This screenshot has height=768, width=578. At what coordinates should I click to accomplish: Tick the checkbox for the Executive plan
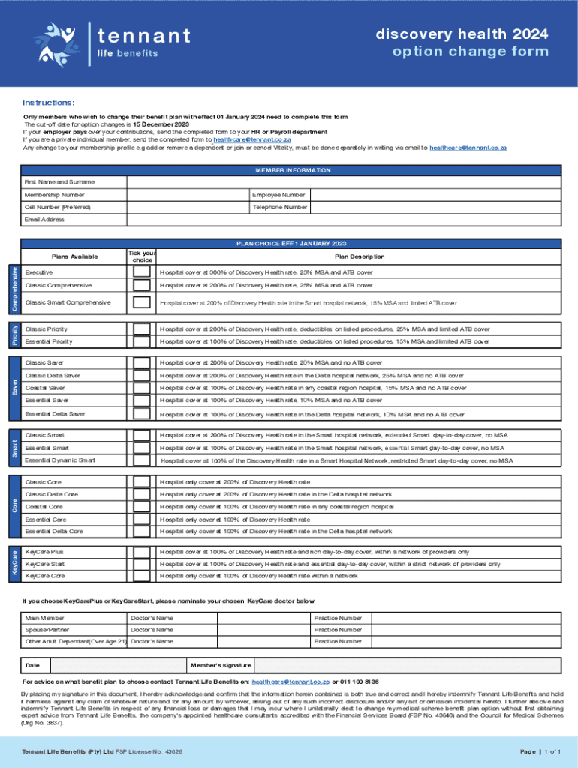pyautogui.click(x=141, y=271)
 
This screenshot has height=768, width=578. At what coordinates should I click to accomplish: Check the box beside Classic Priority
pyautogui.click(x=141, y=329)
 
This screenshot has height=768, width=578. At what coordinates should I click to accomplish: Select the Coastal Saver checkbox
pyautogui.click(x=141, y=388)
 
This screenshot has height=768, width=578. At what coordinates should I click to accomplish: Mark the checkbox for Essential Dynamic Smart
pyautogui.click(x=141, y=460)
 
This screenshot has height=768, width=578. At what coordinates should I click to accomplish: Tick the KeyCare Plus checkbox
pyautogui.click(x=141, y=552)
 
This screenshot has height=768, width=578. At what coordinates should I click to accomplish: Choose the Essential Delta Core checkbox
pyautogui.click(x=141, y=532)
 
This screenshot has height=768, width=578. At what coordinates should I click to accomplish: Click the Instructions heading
pyautogui.click(x=48, y=102)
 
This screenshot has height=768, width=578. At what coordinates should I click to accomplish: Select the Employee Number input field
pyautogui.click(x=435, y=195)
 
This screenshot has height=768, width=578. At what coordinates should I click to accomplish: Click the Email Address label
pyautogui.click(x=44, y=220)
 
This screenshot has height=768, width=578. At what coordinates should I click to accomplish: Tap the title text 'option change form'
pyautogui.click(x=470, y=52)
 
